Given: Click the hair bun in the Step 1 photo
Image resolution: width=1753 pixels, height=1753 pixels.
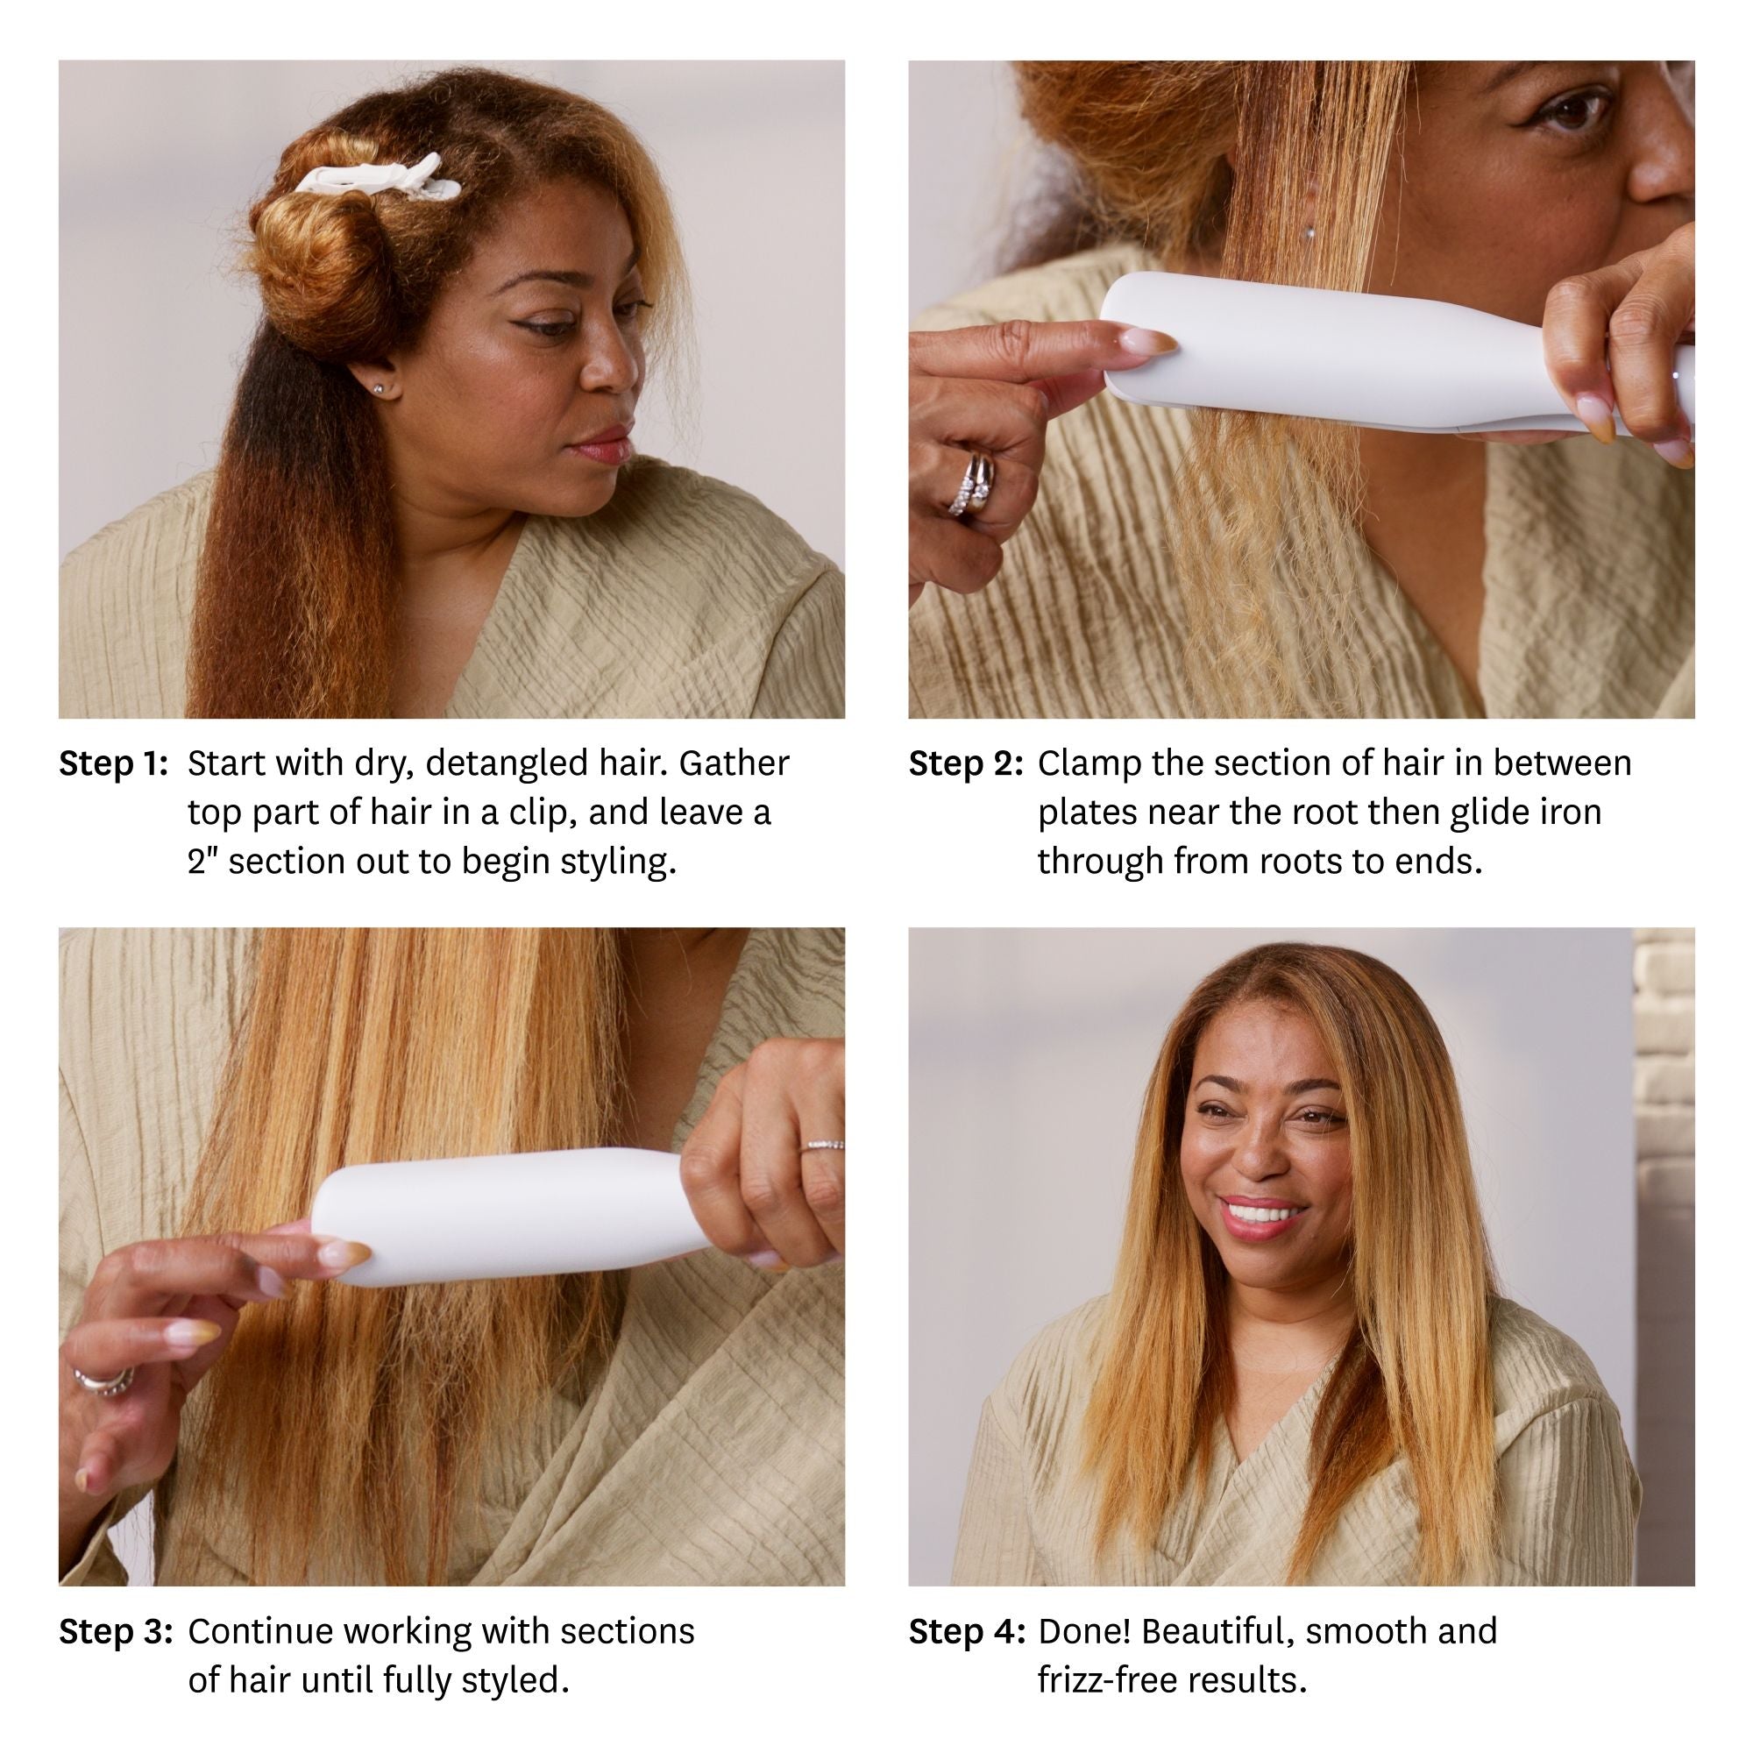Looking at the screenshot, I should pyautogui.click(x=309, y=254).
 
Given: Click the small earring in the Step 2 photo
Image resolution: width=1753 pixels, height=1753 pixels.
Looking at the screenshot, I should pyautogui.click(x=1309, y=232).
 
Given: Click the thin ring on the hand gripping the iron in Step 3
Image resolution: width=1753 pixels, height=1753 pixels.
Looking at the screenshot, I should pyautogui.click(x=821, y=1146).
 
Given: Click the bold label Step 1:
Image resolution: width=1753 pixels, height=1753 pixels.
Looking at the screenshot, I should pyautogui.click(x=113, y=764).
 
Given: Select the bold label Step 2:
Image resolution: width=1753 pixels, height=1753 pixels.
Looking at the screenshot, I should pyautogui.click(x=965, y=764).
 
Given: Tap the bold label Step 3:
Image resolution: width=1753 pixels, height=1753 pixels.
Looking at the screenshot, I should pyautogui.click(x=115, y=1631).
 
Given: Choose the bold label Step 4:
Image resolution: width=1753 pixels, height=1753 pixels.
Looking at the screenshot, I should pyautogui.click(x=966, y=1631).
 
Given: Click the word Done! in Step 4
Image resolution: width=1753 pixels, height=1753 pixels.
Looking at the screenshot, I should pyautogui.click(x=1083, y=1631).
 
